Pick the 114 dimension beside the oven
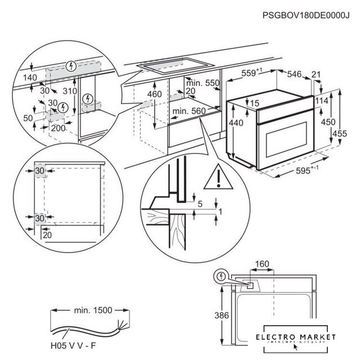322,100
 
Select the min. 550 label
203,83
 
